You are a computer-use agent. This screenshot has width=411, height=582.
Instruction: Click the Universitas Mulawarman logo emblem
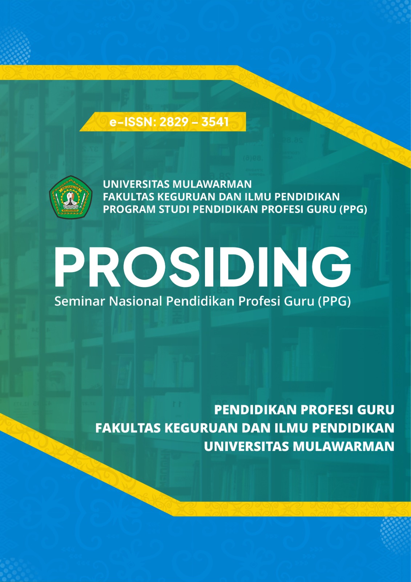click(x=70, y=198)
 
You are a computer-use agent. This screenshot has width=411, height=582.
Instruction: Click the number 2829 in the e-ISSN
click(x=174, y=122)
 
